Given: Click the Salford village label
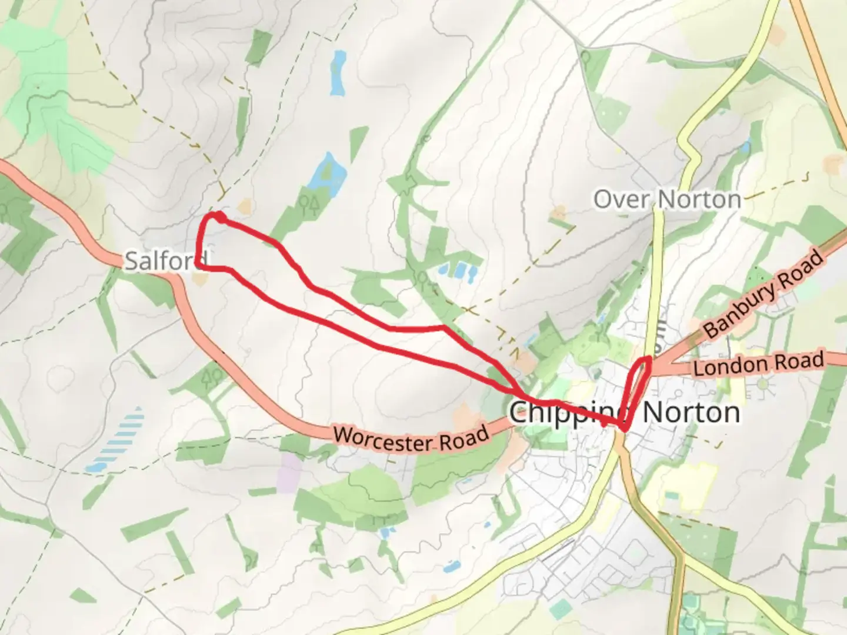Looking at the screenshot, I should [166, 260].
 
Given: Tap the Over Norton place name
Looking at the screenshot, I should [667, 199].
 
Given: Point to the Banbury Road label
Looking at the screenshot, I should [763, 294].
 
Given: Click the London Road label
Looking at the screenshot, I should [758, 365].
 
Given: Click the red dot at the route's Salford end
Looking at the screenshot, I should [219, 218].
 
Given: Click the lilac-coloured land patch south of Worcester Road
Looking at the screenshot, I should [289, 472].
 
